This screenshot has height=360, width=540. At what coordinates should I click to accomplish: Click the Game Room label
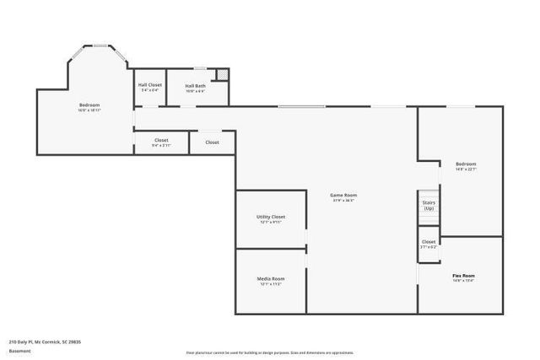point(343,195)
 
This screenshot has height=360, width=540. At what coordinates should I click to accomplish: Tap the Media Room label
point(271,278)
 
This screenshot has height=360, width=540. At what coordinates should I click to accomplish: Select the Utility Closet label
point(271,217)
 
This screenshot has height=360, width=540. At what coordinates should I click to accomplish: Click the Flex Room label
point(463,276)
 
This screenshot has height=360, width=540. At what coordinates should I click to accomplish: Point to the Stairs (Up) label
point(429,207)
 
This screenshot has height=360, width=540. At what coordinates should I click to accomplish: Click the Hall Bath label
point(196,85)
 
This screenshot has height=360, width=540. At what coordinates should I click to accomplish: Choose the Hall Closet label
point(149,85)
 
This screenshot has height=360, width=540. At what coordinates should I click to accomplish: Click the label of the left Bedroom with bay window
point(89,105)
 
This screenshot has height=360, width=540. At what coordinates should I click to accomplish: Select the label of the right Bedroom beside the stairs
point(466,164)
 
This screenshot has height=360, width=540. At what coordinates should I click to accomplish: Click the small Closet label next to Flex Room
point(429,242)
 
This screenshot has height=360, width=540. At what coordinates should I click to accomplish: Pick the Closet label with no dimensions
point(212,142)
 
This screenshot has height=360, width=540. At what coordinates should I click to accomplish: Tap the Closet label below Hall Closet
point(161,140)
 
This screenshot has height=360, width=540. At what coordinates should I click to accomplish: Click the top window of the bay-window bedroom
point(100,46)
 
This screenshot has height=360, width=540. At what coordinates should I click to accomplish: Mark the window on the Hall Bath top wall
point(200,68)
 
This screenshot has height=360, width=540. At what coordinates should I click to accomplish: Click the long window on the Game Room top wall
point(301,106)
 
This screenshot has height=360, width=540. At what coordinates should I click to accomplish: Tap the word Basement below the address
point(19,351)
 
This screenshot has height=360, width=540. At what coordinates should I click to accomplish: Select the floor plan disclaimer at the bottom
point(269,352)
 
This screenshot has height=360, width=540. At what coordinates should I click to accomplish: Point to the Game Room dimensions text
point(343,201)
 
